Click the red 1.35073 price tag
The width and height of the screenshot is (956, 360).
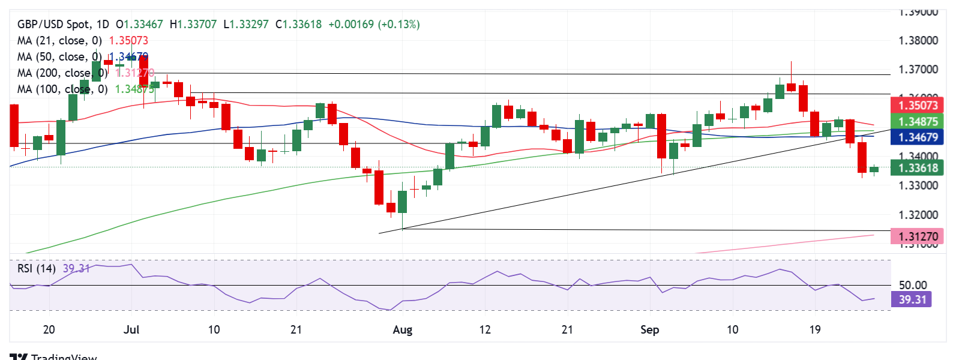click(917, 106)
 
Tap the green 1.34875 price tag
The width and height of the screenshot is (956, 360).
click(917, 122)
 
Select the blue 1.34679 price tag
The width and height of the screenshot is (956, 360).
click(917, 137)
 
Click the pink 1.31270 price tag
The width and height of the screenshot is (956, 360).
click(917, 236)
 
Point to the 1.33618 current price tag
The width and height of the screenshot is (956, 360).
click(917, 168)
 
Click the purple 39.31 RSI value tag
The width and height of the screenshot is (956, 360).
click(912, 299)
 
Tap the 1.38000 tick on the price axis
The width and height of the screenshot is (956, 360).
click(918, 41)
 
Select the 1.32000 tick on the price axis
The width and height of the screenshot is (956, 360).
click(918, 215)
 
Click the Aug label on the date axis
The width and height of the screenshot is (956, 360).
click(402, 330)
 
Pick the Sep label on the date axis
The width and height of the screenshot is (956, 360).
click(649, 330)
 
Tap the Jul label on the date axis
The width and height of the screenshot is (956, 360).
click(131, 330)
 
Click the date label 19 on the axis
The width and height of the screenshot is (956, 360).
click(814, 330)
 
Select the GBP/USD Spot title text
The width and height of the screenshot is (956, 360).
click(54, 25)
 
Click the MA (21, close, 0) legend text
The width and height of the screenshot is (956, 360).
click(59, 41)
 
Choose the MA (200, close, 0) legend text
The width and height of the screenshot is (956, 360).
click(62, 73)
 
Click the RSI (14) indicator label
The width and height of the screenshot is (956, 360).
click(37, 269)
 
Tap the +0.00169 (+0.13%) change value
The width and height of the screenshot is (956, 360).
click(374, 25)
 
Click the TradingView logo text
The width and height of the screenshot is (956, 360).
click(63, 356)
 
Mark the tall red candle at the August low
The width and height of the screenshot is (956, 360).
click(379, 187)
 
